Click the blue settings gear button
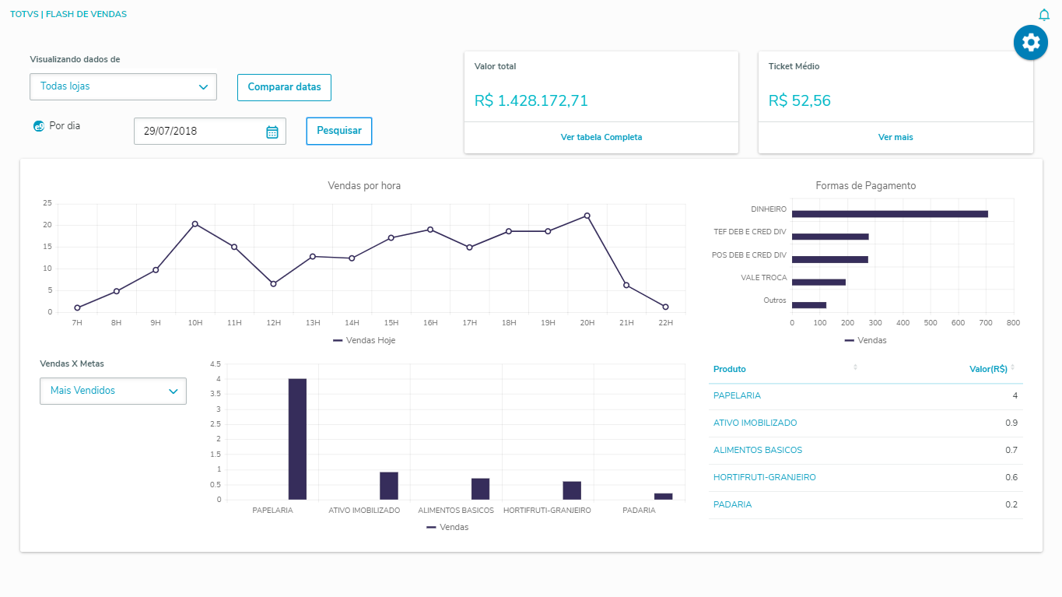tap(1031, 42)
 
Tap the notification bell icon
tap(1044, 15)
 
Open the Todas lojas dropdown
tap(123, 86)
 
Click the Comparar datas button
tap(284, 87)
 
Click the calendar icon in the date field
tap(272, 132)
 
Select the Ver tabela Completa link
tap(601, 137)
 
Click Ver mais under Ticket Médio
tap(896, 137)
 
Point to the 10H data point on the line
tap(195, 223)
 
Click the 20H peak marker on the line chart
tap(587, 216)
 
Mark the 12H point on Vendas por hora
tap(273, 283)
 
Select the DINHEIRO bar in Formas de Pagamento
tap(889, 214)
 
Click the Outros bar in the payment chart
tap(809, 305)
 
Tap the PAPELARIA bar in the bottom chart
tap(297, 439)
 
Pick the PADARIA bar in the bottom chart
tap(664, 496)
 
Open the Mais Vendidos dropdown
tap(113, 391)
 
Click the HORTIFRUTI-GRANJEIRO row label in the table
tap(765, 477)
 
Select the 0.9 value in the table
tap(1011, 423)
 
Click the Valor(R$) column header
tap(988, 369)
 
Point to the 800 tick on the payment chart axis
tap(1013, 321)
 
